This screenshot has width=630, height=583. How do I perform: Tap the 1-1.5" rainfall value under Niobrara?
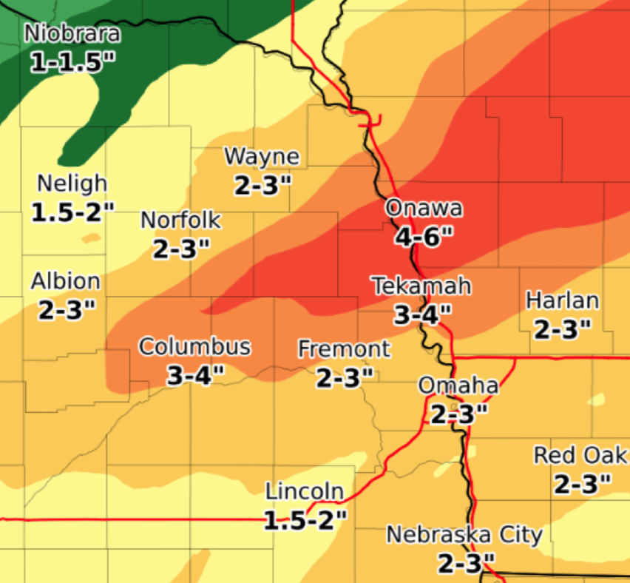click(74, 62)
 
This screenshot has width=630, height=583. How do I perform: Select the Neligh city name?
click(72, 183)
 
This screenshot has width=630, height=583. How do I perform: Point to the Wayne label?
click(262, 157)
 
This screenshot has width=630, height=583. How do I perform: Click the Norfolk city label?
click(180, 220)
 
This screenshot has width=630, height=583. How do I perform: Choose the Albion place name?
click(66, 281)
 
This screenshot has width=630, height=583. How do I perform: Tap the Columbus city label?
click(194, 346)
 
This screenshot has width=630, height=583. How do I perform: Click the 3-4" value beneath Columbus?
click(194, 376)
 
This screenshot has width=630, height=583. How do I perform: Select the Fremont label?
click(344, 348)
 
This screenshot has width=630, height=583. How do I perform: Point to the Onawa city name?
click(424, 208)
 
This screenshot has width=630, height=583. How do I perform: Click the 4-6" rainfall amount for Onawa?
click(424, 237)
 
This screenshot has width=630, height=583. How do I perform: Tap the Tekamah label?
click(421, 286)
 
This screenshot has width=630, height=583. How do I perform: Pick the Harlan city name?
click(562, 300)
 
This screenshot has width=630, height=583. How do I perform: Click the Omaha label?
click(458, 385)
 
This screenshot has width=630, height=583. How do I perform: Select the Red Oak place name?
click(581, 454)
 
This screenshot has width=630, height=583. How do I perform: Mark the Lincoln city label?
click(305, 491)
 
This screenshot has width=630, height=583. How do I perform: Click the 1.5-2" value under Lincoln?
click(305, 521)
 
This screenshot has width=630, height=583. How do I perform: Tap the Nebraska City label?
click(464, 534)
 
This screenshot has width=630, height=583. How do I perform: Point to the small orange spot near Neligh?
click(91, 238)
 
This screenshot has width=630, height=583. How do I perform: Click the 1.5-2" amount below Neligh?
click(73, 213)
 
